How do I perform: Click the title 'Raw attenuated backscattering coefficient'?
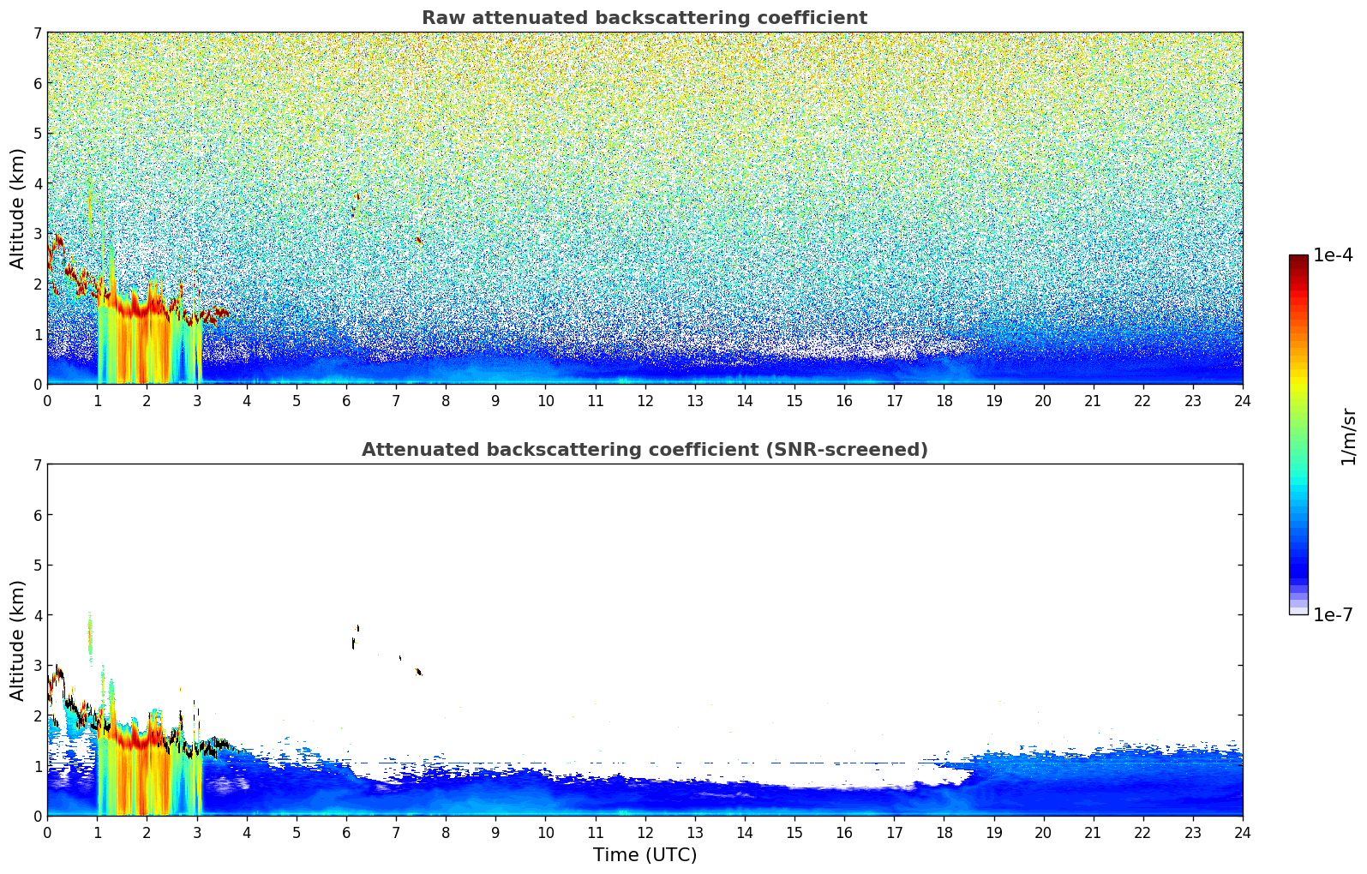pyautogui.click(x=645, y=18)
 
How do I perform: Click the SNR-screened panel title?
pyautogui.click(x=645, y=449)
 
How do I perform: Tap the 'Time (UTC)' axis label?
pyautogui.click(x=645, y=854)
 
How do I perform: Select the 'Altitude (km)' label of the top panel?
pyautogui.click(x=17, y=209)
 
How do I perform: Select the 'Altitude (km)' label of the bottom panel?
pyautogui.click(x=17, y=640)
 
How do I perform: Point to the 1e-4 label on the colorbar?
pyautogui.click(x=1333, y=255)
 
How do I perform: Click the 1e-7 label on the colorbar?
pyautogui.click(x=1333, y=614)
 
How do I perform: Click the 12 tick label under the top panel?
pyautogui.click(x=645, y=400)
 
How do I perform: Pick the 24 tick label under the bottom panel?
pyautogui.click(x=1243, y=833)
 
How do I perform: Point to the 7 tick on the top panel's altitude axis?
pyautogui.click(x=38, y=33)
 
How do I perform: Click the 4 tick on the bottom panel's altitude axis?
pyautogui.click(x=38, y=614)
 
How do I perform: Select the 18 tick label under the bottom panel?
pyautogui.click(x=944, y=833)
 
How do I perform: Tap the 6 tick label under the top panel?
pyautogui.click(x=346, y=400)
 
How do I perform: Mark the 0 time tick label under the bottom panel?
pyautogui.click(x=48, y=833)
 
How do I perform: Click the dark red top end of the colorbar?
pyautogui.click(x=1298, y=258)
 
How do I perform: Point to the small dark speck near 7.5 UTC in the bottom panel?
pyautogui.click(x=418, y=672)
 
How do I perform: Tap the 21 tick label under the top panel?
pyautogui.click(x=1093, y=400)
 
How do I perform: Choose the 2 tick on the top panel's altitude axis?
pyautogui.click(x=38, y=284)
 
